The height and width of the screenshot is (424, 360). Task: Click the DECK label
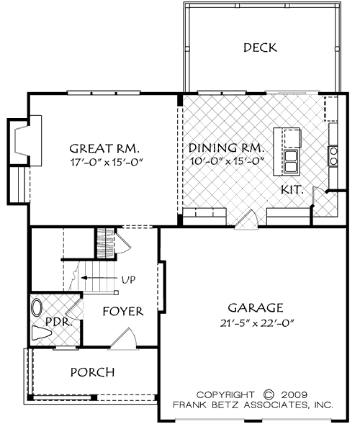(260, 48)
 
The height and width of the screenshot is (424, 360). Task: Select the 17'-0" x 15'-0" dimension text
(109, 163)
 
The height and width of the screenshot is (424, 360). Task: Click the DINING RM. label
(227, 149)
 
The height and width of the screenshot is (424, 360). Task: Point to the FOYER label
(122, 312)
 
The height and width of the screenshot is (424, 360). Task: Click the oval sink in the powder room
(37, 310)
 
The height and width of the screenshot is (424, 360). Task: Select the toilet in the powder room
(40, 333)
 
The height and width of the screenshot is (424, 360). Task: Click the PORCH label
(91, 372)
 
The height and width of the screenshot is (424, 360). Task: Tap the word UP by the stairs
(130, 279)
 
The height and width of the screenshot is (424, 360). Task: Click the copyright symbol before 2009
(270, 394)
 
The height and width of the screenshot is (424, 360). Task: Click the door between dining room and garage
(248, 220)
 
